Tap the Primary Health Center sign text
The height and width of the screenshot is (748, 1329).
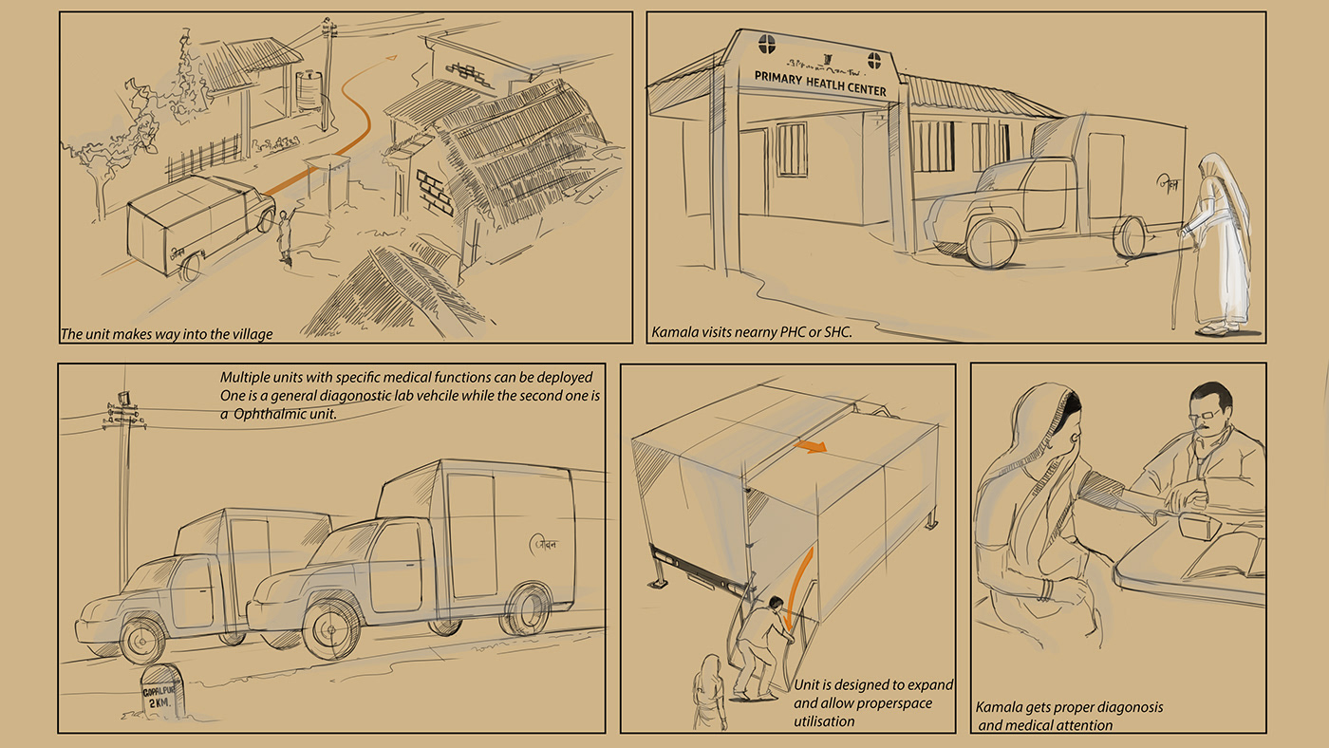[x=819, y=83]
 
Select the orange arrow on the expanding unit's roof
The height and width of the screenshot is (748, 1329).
[x=810, y=446]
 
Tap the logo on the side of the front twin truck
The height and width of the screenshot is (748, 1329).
[x=547, y=544]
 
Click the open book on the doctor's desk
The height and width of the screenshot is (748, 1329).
[x=1225, y=560]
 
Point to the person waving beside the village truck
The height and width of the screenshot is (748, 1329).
[x=284, y=237]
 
